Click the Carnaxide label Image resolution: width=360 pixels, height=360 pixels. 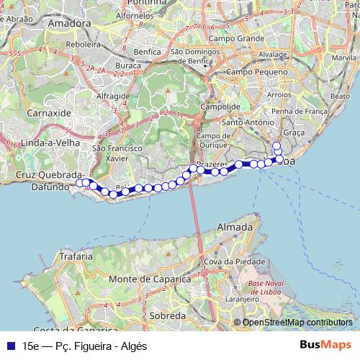48,113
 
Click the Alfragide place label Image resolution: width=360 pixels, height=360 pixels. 112,95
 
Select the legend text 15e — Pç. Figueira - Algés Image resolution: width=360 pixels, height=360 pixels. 84,346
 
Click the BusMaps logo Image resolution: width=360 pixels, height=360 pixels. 325,346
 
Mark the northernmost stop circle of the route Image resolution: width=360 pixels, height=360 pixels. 276,145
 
